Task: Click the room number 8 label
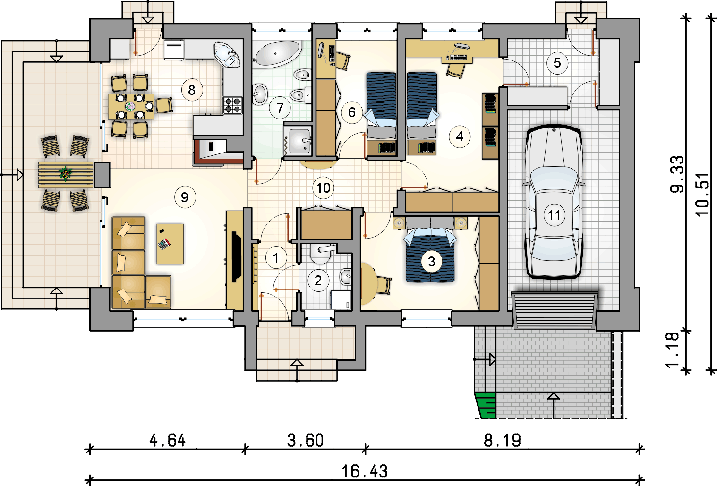point(192,90)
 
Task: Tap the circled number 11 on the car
point(554,215)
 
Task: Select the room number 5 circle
point(557,63)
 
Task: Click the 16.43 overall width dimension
point(365,471)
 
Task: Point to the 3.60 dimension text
point(306,440)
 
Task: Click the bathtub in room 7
point(277,54)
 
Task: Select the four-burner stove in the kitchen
point(232,105)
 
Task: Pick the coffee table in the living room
point(170,244)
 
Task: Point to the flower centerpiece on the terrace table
point(65,173)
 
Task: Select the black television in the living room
point(236,257)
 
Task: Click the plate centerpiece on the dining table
point(130,106)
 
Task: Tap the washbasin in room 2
point(346,277)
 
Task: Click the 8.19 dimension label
point(502,440)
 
